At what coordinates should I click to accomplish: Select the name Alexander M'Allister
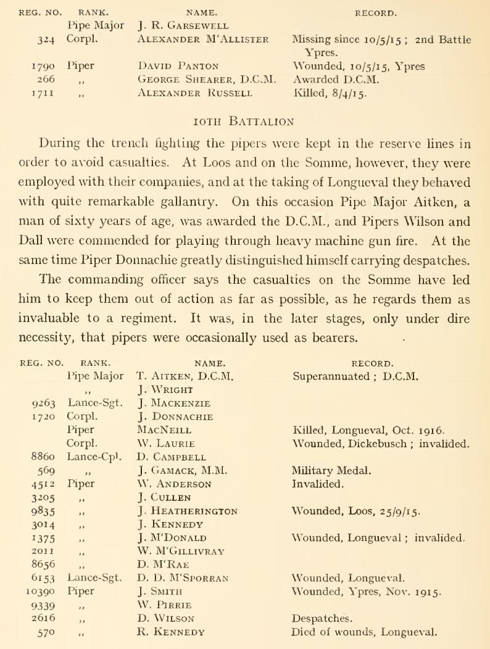coord(203,40)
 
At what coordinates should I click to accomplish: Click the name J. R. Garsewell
coord(183,27)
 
